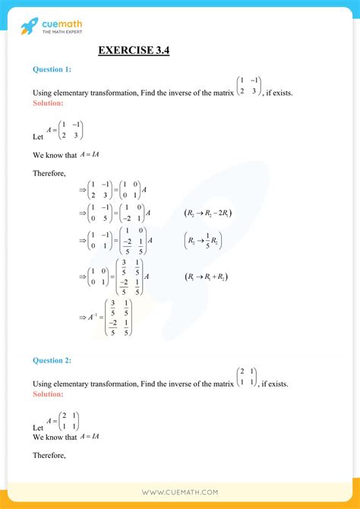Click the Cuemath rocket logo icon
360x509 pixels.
click(29, 26)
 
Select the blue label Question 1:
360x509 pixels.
click(52, 69)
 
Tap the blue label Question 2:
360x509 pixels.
click(52, 360)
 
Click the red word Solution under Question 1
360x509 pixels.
click(48, 103)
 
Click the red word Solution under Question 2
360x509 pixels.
click(48, 394)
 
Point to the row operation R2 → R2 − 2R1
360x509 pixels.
click(209, 213)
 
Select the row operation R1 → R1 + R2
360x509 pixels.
click(207, 277)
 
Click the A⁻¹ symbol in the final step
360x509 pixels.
click(95, 318)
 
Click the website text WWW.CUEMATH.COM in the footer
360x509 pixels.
click(180, 492)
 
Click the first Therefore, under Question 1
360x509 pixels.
click(49, 173)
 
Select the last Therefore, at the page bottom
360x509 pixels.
click(49, 456)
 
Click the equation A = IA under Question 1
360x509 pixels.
click(90, 154)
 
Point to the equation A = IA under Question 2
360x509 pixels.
click(90, 436)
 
